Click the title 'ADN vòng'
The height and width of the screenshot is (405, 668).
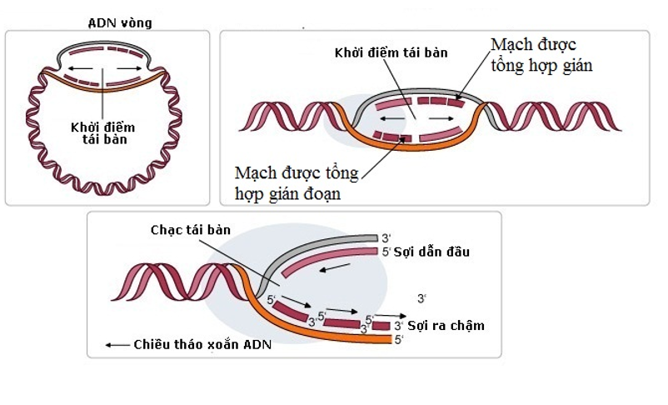[121, 22]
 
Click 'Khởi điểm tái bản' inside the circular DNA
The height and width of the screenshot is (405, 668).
[102, 133]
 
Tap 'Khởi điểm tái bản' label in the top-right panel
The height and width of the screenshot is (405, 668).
[391, 52]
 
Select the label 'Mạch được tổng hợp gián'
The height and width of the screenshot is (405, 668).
[541, 54]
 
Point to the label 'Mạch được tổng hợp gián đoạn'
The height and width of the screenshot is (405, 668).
[297, 183]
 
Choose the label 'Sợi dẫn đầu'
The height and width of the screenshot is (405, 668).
[431, 252]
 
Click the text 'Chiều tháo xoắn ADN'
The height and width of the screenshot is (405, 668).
[202, 344]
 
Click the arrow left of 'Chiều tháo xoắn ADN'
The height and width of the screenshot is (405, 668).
[116, 344]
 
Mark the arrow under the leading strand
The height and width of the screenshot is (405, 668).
[336, 269]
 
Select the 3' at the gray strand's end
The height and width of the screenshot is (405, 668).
[385, 237]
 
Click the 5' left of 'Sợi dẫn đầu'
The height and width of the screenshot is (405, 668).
[386, 252]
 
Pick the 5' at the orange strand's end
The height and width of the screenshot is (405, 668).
[399, 340]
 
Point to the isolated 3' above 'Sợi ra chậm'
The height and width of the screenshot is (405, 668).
[422, 298]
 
